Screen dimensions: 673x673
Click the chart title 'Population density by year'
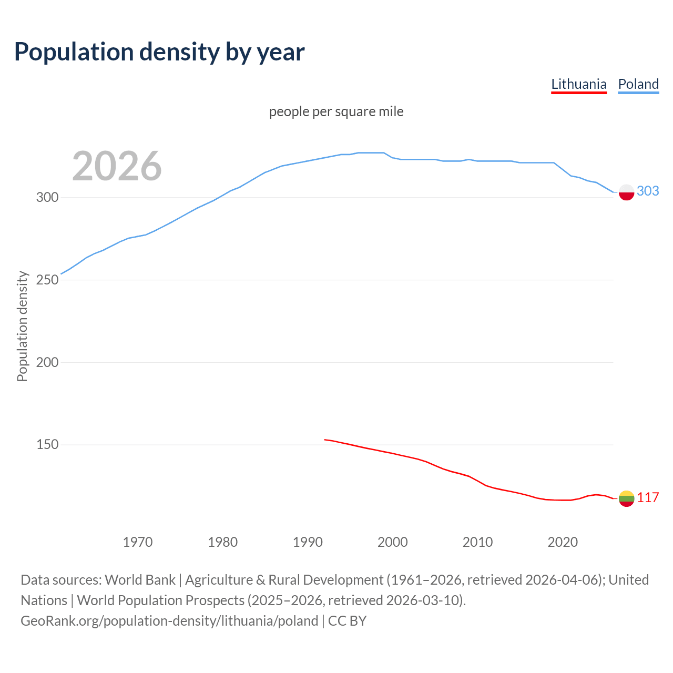click(x=159, y=52)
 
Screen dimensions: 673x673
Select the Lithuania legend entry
click(x=578, y=84)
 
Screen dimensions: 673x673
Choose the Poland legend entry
click(x=638, y=84)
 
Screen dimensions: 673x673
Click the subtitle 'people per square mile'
click(x=336, y=111)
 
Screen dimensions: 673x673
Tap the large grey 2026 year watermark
click(x=117, y=166)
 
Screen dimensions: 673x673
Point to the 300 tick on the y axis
click(x=47, y=198)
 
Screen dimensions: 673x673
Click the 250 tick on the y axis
click(x=47, y=280)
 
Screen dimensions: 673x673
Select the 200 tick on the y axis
click(x=47, y=362)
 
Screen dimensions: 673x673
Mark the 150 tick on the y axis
click(x=47, y=445)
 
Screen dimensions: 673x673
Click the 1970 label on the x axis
click(x=138, y=542)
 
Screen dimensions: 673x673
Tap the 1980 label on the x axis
click(x=223, y=542)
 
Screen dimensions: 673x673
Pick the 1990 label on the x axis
click(x=308, y=542)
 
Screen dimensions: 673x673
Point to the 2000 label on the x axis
click(x=393, y=542)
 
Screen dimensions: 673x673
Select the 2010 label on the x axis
click(x=477, y=542)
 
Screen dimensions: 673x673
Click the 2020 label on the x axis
click(x=563, y=542)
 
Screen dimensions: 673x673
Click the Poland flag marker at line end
click(x=626, y=192)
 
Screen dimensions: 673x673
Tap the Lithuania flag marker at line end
click(x=626, y=498)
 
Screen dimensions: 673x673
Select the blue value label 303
click(x=648, y=191)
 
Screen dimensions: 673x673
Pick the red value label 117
click(x=648, y=497)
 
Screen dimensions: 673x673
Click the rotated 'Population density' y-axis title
click(x=22, y=326)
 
